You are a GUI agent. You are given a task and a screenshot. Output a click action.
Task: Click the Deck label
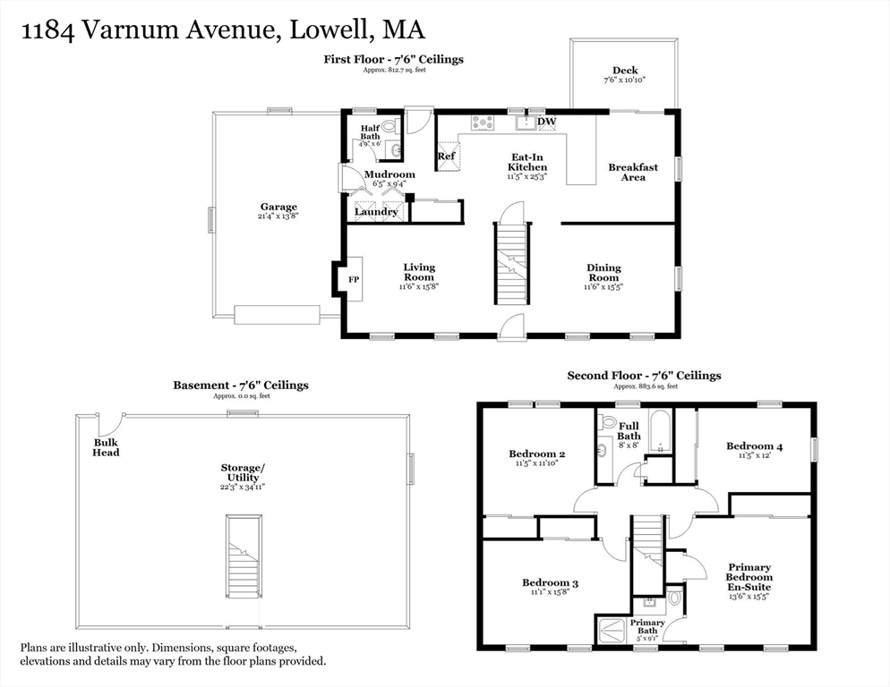click(625, 71)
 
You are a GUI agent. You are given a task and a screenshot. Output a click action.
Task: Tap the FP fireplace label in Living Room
click(354, 280)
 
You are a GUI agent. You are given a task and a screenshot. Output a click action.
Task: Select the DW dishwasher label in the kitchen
click(546, 122)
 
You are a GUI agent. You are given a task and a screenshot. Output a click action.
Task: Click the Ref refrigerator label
click(446, 156)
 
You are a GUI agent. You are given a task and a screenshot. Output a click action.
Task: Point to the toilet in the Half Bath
click(389, 126)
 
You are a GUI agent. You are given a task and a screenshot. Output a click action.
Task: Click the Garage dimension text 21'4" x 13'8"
click(278, 216)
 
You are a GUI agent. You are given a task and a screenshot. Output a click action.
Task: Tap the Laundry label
click(376, 212)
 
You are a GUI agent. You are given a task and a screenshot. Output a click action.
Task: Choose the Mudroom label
click(389, 174)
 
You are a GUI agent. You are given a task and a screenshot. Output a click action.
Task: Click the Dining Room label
click(603, 273)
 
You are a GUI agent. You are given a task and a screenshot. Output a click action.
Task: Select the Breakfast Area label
click(633, 172)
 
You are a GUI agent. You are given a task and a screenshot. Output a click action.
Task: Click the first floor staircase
click(512, 263)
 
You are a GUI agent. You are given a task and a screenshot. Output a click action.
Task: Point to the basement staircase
click(244, 556)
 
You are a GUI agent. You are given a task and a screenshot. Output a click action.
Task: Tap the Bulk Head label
click(107, 447)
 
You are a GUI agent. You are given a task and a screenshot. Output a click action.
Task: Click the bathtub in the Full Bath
click(660, 431)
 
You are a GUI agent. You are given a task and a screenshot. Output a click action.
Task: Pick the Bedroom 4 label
click(754, 445)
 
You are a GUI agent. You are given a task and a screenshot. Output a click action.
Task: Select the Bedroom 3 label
click(550, 582)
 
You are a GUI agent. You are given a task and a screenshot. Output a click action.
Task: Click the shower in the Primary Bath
click(612, 631)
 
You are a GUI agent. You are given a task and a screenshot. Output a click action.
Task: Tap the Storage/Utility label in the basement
click(243, 472)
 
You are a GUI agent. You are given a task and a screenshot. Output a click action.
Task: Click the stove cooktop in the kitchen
click(483, 123)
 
